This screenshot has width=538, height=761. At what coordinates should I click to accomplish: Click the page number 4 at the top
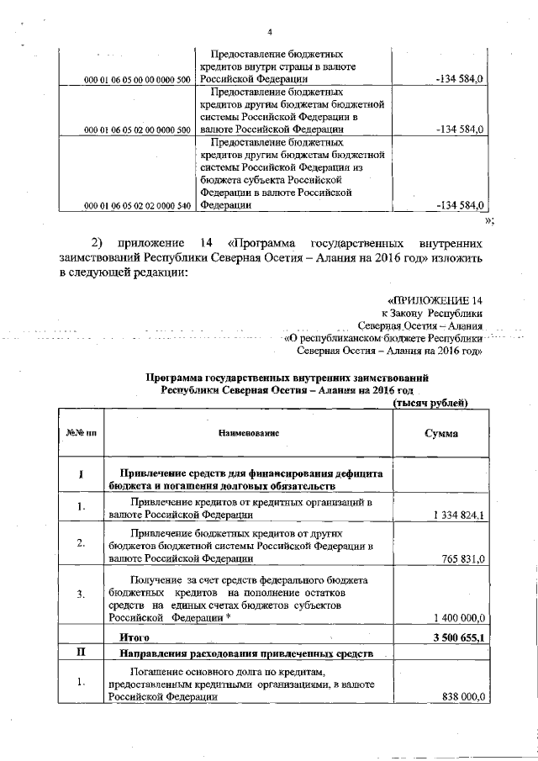(270, 32)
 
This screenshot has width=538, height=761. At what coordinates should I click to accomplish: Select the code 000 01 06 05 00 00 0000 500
(139, 79)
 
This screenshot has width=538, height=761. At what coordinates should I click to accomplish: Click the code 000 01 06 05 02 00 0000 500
(139, 131)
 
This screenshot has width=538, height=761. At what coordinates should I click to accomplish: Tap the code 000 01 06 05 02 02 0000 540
(139, 206)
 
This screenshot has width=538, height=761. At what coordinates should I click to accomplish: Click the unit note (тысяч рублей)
(430, 403)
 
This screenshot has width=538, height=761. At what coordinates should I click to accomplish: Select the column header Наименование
(249, 432)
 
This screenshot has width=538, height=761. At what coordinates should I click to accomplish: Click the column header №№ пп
(82, 432)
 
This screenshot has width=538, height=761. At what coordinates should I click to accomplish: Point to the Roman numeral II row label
(82, 653)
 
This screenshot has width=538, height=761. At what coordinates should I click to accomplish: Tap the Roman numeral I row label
(82, 475)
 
